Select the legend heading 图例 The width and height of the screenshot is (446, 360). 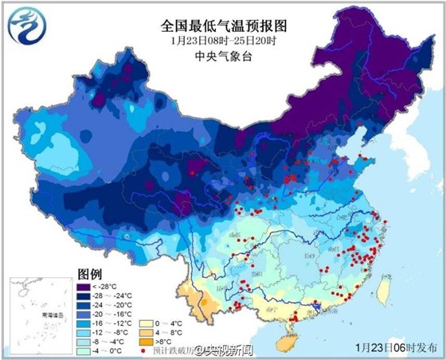[x=90, y=273]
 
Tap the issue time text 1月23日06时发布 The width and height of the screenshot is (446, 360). [x=395, y=348]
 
